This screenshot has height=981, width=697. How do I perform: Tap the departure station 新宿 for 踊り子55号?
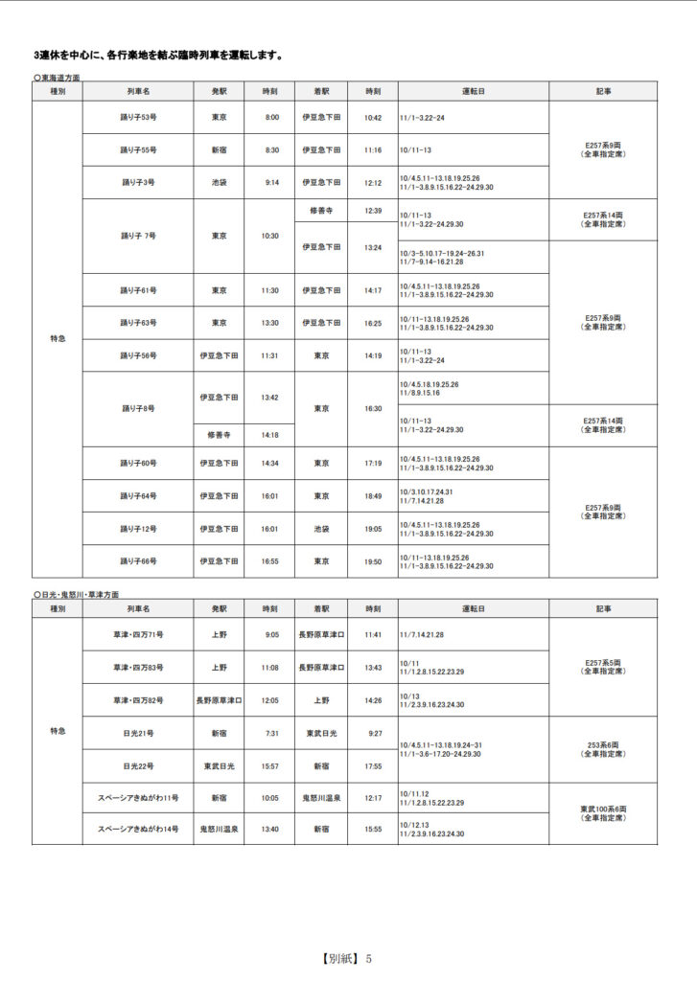coord(219,150)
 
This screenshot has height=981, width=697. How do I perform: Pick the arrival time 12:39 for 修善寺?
coord(373,211)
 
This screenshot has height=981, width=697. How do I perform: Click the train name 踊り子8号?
coord(137,409)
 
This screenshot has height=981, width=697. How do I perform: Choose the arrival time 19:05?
coord(373,529)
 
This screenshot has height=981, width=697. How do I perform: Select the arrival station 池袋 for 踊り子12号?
coord(321,529)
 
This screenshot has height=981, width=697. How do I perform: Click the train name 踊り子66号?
coord(137,561)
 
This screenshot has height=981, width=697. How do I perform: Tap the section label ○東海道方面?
coord(57,77)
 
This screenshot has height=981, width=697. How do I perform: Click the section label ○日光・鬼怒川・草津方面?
coord(76,595)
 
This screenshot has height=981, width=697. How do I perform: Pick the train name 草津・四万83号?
coord(137,668)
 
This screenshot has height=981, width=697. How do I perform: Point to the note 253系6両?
coord(603,745)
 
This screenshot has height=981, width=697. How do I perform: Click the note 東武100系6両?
coord(603,811)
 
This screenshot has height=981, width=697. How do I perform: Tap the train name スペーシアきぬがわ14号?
coord(137,829)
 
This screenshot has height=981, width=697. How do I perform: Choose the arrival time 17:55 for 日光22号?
coord(373,765)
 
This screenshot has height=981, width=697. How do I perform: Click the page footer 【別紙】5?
coord(347,958)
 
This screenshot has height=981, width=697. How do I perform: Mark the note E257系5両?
coord(603,662)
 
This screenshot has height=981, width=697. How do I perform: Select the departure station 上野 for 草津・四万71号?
coord(219,634)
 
